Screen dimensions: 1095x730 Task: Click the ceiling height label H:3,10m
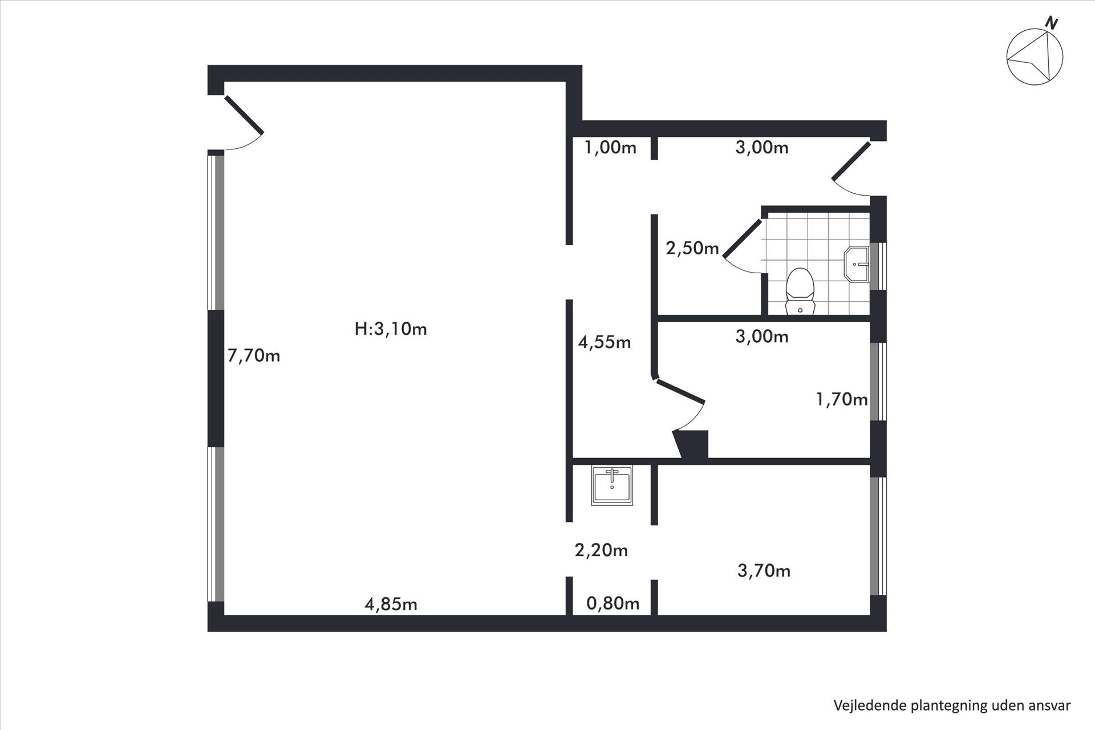[x=391, y=329]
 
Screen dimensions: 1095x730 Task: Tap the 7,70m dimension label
[x=254, y=356]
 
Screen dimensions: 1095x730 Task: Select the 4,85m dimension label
[x=391, y=604]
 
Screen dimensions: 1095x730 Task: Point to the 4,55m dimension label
[x=605, y=342]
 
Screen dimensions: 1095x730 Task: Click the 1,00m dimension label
[x=610, y=148]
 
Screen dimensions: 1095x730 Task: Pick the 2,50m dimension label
[x=692, y=248]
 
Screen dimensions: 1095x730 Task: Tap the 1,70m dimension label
[x=842, y=399]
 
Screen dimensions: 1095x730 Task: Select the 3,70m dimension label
[x=764, y=570]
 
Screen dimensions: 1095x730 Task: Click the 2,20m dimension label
[x=601, y=550]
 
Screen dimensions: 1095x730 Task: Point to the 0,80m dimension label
[x=613, y=603]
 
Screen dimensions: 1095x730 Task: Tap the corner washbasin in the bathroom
[x=857, y=264]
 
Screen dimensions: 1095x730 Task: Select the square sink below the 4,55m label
[x=612, y=485]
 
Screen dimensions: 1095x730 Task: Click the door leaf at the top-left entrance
[x=244, y=115]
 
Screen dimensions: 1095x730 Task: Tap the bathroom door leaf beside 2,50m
[x=743, y=239]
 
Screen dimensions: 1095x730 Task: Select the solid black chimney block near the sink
[x=691, y=444]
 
